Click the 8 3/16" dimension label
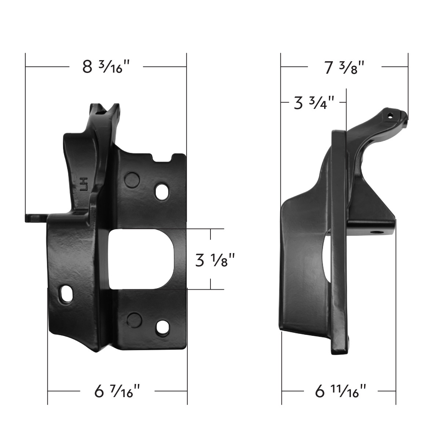[x=106, y=67]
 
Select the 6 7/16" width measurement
[x=117, y=391]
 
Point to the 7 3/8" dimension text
[x=345, y=67]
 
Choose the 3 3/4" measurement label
[x=314, y=103]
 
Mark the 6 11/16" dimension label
[x=341, y=391]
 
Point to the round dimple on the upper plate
[x=132, y=180]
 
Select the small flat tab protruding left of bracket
[x=35, y=218]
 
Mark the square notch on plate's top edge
[x=164, y=158]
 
